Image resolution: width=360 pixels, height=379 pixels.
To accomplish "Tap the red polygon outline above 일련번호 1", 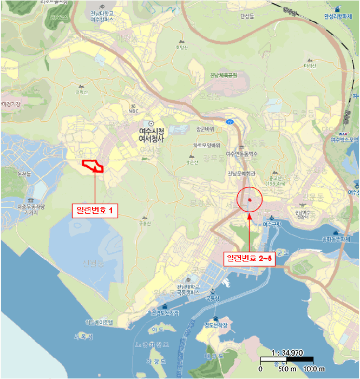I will click(x=93, y=165).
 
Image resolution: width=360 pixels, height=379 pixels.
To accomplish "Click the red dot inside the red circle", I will click(x=250, y=200).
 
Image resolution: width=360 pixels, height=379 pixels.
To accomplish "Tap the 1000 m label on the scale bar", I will click(x=314, y=369).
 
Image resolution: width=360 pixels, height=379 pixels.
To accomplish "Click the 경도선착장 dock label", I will click(x=216, y=325).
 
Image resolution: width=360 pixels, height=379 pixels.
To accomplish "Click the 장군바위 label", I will click(x=205, y=129).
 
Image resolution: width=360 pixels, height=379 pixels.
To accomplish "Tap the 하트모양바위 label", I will click(x=206, y=145).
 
